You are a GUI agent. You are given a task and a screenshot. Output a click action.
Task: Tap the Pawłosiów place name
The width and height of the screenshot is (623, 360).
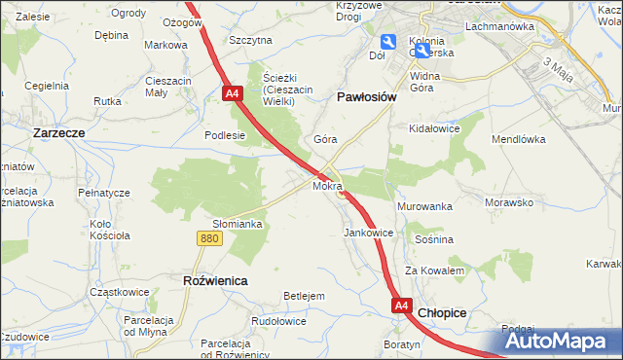tap(366, 97)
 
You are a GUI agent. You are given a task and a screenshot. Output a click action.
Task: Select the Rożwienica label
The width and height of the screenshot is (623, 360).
tap(215, 280)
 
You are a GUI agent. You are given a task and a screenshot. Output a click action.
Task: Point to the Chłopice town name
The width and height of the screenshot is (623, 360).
tap(442, 313)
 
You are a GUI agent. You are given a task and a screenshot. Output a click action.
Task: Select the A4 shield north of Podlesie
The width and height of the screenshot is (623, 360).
tap(232, 94)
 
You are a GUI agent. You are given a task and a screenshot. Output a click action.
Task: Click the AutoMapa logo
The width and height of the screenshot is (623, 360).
tap(559, 341)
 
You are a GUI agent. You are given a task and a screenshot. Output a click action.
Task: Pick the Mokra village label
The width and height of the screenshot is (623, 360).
tap(327, 185)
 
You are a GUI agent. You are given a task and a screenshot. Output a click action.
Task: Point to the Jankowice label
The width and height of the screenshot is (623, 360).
tap(369, 234)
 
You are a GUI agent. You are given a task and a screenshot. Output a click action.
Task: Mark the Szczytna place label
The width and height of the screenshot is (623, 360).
tap(250, 41)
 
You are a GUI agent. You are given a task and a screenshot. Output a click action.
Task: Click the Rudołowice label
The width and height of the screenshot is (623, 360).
tap(279, 321)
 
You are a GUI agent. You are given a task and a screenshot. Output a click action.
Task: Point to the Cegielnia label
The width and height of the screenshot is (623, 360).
tap(48, 86)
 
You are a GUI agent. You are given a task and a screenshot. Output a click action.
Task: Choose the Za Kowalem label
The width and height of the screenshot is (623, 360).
tap(435, 270)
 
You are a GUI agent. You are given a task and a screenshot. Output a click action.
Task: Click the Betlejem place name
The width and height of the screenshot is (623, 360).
tap(303, 296)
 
